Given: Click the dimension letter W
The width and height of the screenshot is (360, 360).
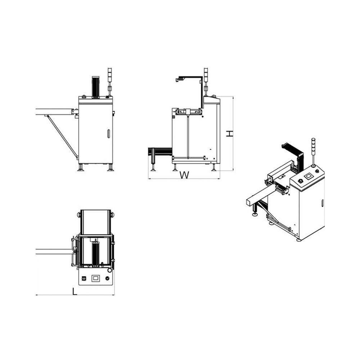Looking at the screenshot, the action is tap(184, 175).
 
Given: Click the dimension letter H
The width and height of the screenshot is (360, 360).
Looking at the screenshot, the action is tap(229, 134).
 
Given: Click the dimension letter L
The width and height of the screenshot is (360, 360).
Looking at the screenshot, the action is tap(75, 291).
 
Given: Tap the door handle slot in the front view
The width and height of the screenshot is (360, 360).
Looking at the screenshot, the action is tap(109, 134).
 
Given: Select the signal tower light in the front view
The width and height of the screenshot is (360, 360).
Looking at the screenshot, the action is tap(110, 81).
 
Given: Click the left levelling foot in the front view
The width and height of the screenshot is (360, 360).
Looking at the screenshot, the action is tap(81, 167).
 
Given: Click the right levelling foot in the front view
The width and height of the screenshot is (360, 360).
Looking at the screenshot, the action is tap(111, 167).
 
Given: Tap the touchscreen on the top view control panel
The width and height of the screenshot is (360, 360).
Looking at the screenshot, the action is tap(95, 278).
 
